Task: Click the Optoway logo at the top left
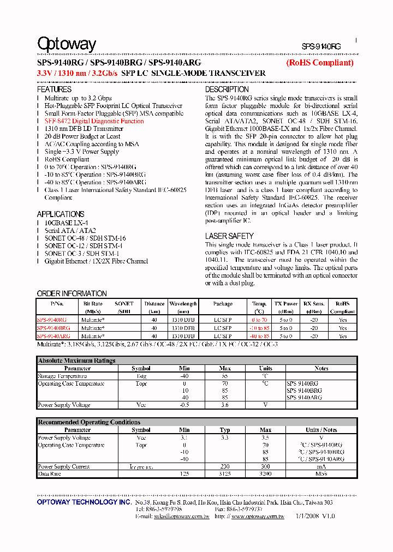point(66,44)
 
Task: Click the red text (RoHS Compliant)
point(320,63)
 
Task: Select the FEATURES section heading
point(54,89)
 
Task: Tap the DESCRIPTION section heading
point(227,89)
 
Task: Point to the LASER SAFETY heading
point(229,236)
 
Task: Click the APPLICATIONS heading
point(60,214)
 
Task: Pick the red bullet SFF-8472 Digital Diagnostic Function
point(94,121)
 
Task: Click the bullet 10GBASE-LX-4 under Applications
point(66,223)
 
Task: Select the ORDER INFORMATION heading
point(72,293)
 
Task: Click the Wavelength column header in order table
point(183,304)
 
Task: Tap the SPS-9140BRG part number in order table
point(53,328)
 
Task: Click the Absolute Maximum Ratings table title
point(76,361)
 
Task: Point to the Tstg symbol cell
point(141,376)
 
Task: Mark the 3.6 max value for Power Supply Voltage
point(224,405)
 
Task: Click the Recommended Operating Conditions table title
point(89,422)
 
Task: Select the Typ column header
point(224,430)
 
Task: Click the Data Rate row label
point(50,475)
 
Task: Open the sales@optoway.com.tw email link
point(181,516)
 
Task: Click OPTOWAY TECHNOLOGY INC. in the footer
point(84,502)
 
